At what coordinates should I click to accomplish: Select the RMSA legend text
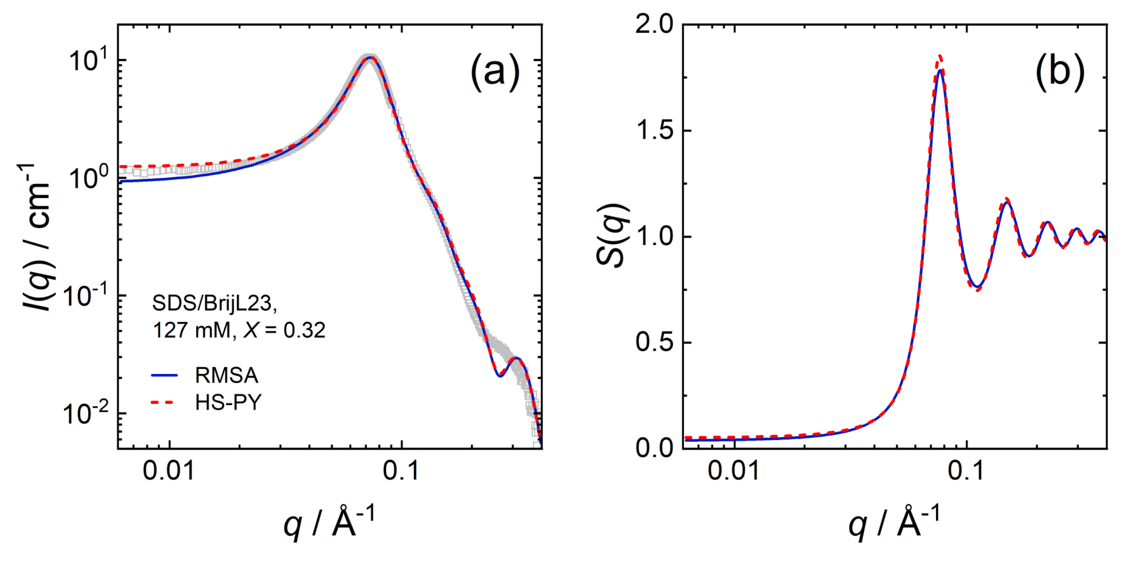pyautogui.click(x=227, y=376)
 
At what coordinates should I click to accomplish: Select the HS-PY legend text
pyautogui.click(x=228, y=403)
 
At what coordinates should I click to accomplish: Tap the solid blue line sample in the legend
pyautogui.click(x=164, y=376)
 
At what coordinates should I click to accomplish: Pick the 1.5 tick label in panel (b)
pyautogui.click(x=654, y=131)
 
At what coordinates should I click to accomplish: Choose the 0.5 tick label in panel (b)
pyautogui.click(x=654, y=342)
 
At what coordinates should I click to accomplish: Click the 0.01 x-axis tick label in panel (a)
pyautogui.click(x=169, y=471)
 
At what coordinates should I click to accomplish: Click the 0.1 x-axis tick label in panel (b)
pyautogui.click(x=966, y=471)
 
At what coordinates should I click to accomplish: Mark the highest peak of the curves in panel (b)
pyautogui.click(x=940, y=69)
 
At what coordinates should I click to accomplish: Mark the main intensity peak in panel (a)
pyautogui.click(x=369, y=58)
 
